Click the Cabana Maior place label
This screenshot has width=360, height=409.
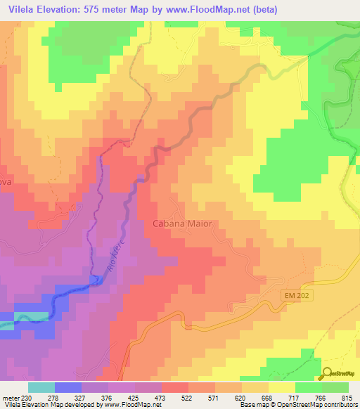182,223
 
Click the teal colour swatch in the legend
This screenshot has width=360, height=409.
41,387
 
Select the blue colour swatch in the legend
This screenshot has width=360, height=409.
67,387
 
